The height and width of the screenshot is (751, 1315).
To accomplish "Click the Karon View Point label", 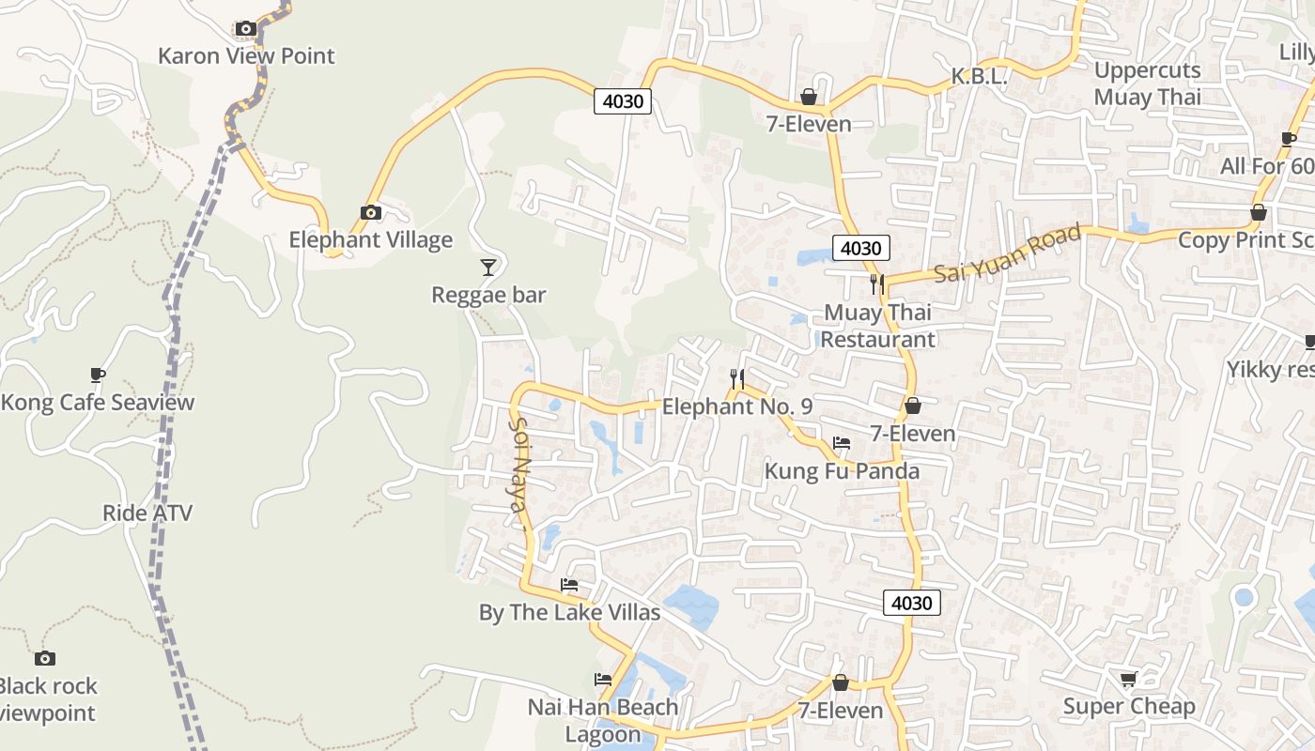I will point(246,55).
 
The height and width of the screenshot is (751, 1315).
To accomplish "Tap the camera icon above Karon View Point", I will point(246,29).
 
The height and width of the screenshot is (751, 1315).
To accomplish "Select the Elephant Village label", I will point(370,239).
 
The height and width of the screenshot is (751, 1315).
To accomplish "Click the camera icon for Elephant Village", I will point(371,213).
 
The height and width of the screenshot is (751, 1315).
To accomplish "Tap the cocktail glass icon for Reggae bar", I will point(487,268).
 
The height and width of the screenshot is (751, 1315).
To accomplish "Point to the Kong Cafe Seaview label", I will point(98,403).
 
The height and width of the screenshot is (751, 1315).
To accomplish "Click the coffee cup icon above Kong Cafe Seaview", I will point(97,375).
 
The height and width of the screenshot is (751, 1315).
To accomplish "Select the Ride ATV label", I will point(147,513).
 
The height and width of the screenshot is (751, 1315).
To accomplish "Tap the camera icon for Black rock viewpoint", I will point(44,659).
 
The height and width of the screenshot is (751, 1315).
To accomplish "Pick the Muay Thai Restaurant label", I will point(878,326).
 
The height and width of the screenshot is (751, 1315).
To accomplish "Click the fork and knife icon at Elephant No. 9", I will point(737,379).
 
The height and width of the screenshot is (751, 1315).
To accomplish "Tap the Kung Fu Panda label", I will point(842,470).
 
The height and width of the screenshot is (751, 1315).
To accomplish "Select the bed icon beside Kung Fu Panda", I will point(842,443).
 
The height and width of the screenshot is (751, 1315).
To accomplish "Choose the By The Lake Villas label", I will point(569,613).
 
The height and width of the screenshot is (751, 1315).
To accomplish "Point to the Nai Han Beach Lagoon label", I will point(602,720).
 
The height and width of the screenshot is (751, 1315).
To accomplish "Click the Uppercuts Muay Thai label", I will point(1147,84).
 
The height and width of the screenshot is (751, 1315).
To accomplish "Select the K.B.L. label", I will point(979,77).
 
